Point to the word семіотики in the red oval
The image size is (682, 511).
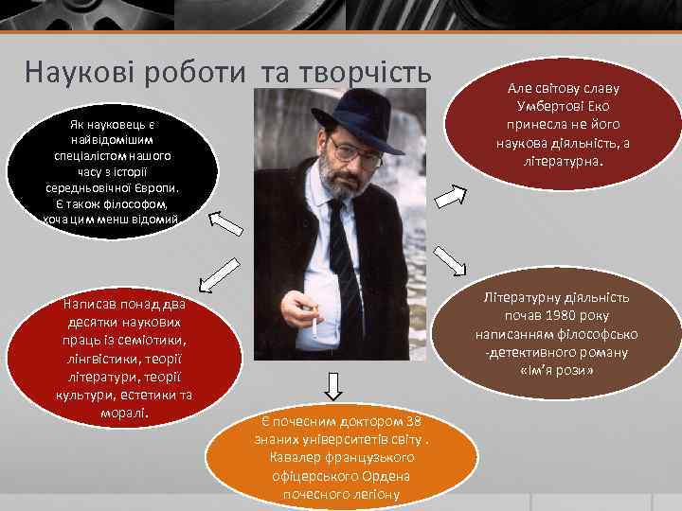pyautogui.click(x=153, y=340)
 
